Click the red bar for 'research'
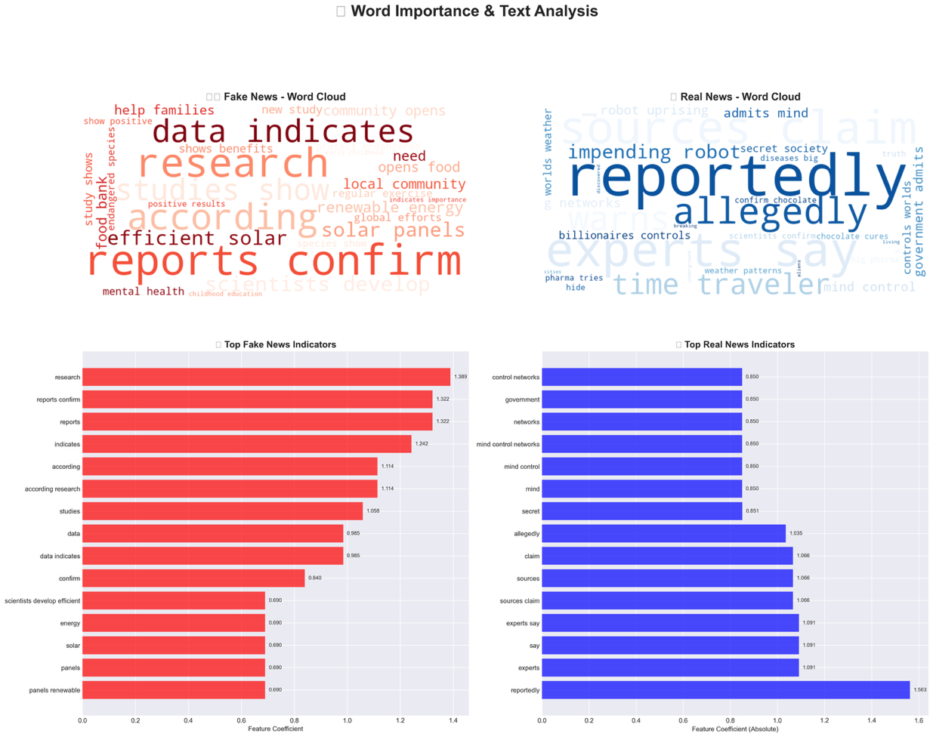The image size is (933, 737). click(266, 377)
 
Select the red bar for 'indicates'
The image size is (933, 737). click(246, 444)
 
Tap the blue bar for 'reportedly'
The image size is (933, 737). click(725, 690)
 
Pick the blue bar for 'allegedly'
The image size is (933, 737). click(663, 534)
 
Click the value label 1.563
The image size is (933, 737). click(920, 690)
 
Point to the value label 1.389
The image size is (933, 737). click(460, 377)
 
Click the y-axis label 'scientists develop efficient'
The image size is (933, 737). click(42, 601)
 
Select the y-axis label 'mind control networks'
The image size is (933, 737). click(508, 445)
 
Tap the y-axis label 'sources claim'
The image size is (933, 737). click(520, 601)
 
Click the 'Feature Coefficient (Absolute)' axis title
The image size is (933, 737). click(734, 729)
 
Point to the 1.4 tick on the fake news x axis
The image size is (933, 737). click(453, 720)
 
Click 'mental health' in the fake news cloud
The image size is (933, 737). click(143, 291)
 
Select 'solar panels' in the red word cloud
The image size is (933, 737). click(393, 230)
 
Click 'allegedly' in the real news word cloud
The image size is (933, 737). click(770, 211)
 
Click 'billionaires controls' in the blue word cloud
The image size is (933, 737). click(624, 236)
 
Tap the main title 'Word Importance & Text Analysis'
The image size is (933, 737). click(474, 11)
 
